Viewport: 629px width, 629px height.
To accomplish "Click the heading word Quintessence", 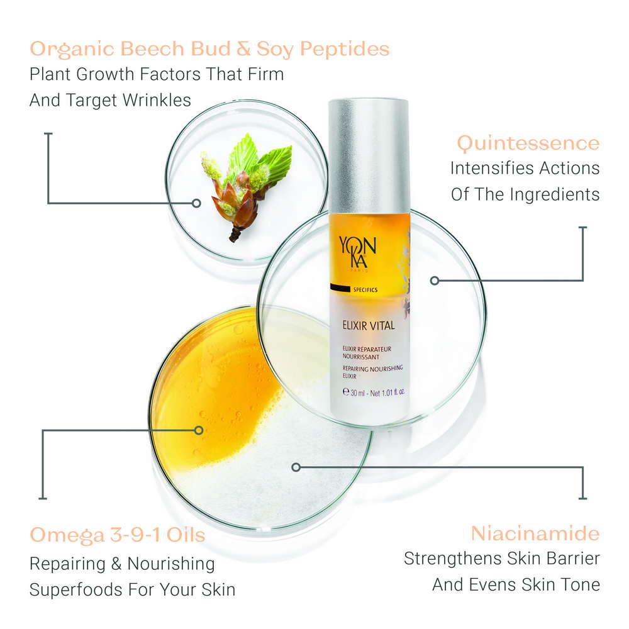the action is click(x=528, y=143).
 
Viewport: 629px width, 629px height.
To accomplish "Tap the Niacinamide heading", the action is click(x=535, y=533).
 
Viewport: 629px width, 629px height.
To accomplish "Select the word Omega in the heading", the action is click(x=67, y=536).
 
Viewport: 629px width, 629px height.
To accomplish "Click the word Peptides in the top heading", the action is click(x=345, y=50).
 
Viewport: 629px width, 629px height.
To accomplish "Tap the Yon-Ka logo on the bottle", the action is click(x=357, y=253).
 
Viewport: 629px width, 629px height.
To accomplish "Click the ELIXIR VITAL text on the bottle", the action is click(x=369, y=325).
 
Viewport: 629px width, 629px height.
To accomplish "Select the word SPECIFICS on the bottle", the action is click(x=365, y=289).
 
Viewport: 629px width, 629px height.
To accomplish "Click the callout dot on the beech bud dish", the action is click(x=196, y=203).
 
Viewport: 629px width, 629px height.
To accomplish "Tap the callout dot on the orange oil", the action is click(x=199, y=430).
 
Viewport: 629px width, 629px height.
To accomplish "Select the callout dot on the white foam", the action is click(x=296, y=467).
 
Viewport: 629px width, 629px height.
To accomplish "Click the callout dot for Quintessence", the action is click(x=435, y=281).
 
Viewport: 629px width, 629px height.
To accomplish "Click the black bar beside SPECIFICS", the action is click(x=340, y=287).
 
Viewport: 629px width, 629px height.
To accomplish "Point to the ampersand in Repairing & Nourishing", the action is click(x=116, y=564).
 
